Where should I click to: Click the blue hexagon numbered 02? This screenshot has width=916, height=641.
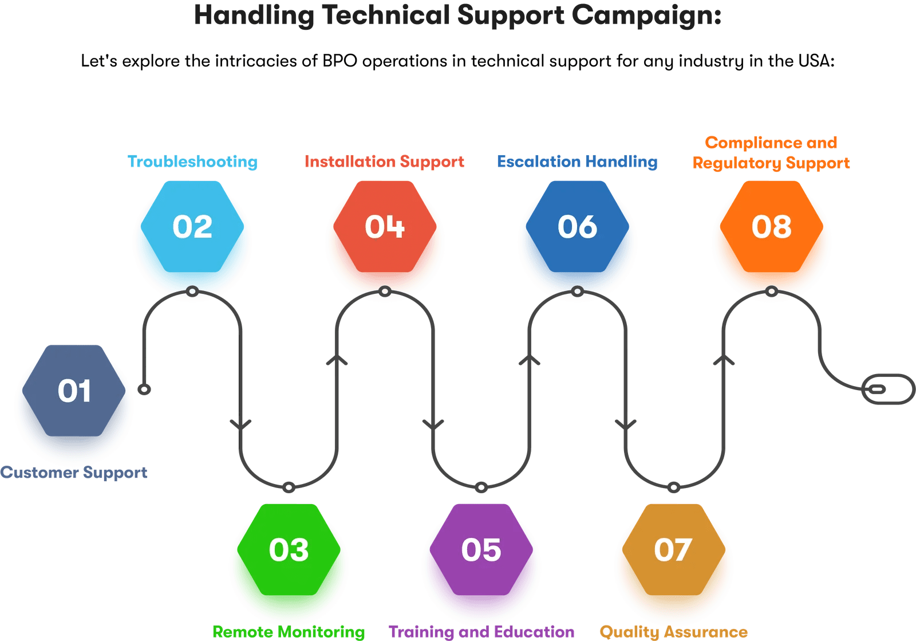pyautogui.click(x=192, y=227)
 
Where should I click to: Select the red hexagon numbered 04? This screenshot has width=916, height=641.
pyautogui.click(x=385, y=227)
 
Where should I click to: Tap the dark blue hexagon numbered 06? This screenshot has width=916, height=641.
pyautogui.click(x=577, y=227)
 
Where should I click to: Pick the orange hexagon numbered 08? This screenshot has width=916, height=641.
pyautogui.click(x=771, y=227)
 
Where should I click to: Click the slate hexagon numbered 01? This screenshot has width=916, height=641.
pyautogui.click(x=74, y=391)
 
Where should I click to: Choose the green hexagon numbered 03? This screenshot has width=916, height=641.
pyautogui.click(x=289, y=550)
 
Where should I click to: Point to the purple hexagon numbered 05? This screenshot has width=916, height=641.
pyautogui.click(x=481, y=550)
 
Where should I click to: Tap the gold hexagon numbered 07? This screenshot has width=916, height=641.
pyautogui.click(x=673, y=550)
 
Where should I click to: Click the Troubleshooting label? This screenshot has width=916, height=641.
pyautogui.click(x=193, y=162)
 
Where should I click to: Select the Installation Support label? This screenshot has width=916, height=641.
pyautogui.click(x=384, y=162)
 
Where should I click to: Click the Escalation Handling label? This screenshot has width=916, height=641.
pyautogui.click(x=577, y=162)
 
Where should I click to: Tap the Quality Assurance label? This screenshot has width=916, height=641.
pyautogui.click(x=673, y=632)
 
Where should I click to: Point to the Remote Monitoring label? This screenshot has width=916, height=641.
pyautogui.click(x=289, y=632)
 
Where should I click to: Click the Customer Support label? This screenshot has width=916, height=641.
pyautogui.click(x=74, y=473)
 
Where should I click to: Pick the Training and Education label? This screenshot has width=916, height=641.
pyautogui.click(x=481, y=632)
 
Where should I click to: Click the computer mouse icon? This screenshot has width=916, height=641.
pyautogui.click(x=888, y=389)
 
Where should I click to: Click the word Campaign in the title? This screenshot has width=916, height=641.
pyautogui.click(x=646, y=15)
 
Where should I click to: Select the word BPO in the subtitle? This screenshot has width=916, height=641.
pyautogui.click(x=339, y=61)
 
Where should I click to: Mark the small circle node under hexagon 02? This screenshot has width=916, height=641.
pyautogui.click(x=192, y=292)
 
